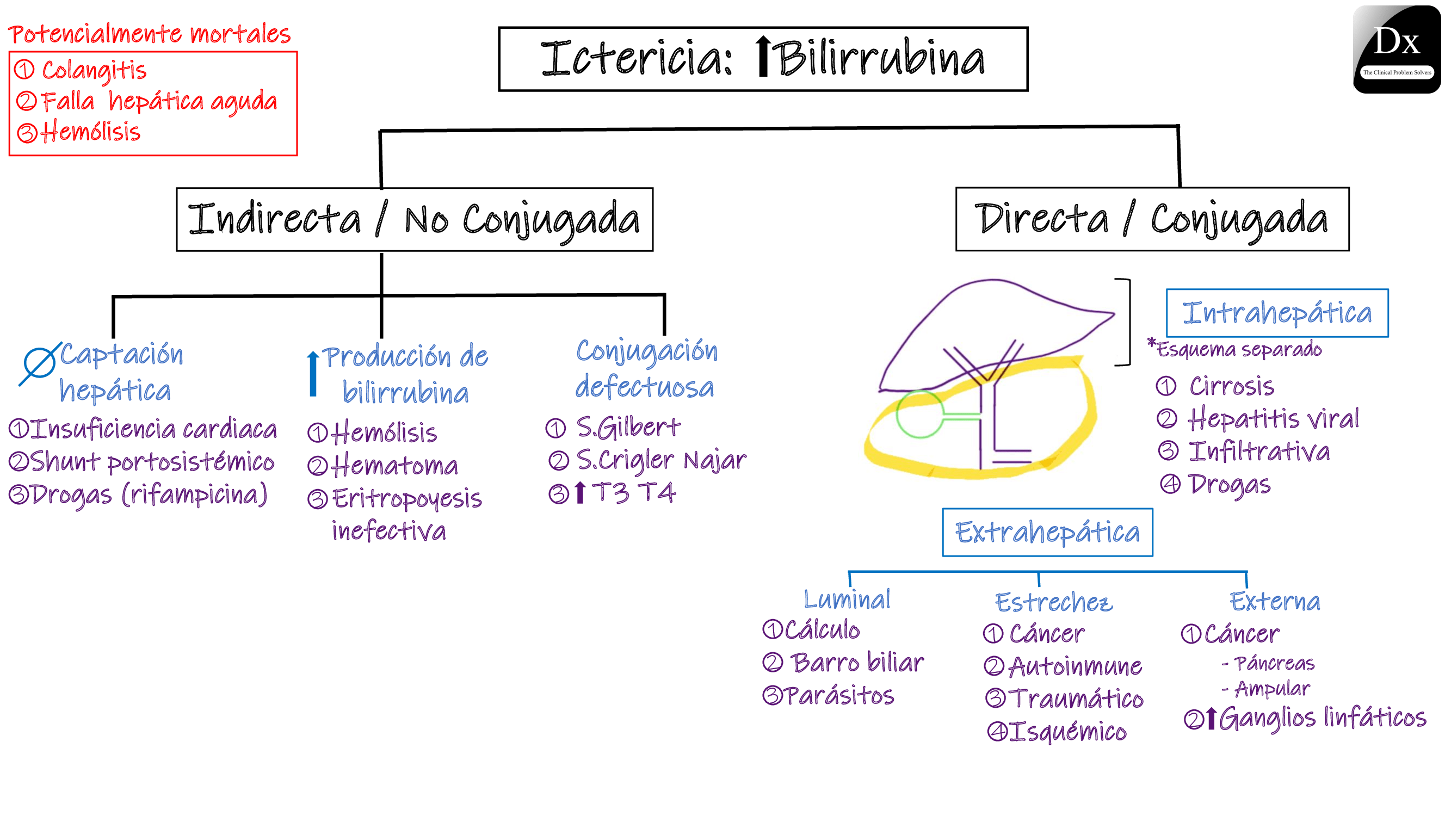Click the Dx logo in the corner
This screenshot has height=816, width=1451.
[x=1396, y=50]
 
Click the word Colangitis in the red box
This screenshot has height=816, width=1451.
[x=94, y=71]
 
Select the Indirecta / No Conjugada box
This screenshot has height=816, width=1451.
[x=415, y=220]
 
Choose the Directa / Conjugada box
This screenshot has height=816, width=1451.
[x=1152, y=219]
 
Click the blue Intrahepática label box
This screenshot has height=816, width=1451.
[x=1276, y=313]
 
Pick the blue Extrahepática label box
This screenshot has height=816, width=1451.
[x=1047, y=532]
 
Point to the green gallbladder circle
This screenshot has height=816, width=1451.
[x=919, y=415]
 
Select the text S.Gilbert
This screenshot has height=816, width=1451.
[x=627, y=428]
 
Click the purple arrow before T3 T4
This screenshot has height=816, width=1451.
[x=580, y=493]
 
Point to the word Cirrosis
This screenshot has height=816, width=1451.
[x=1231, y=386]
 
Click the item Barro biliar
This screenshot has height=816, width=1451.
[x=856, y=663]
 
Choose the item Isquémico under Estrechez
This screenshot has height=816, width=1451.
[x=1067, y=732]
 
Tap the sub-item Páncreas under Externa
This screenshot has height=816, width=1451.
[x=1274, y=663]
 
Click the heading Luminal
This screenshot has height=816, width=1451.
[x=847, y=599]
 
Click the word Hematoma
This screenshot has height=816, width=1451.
[x=394, y=466]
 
